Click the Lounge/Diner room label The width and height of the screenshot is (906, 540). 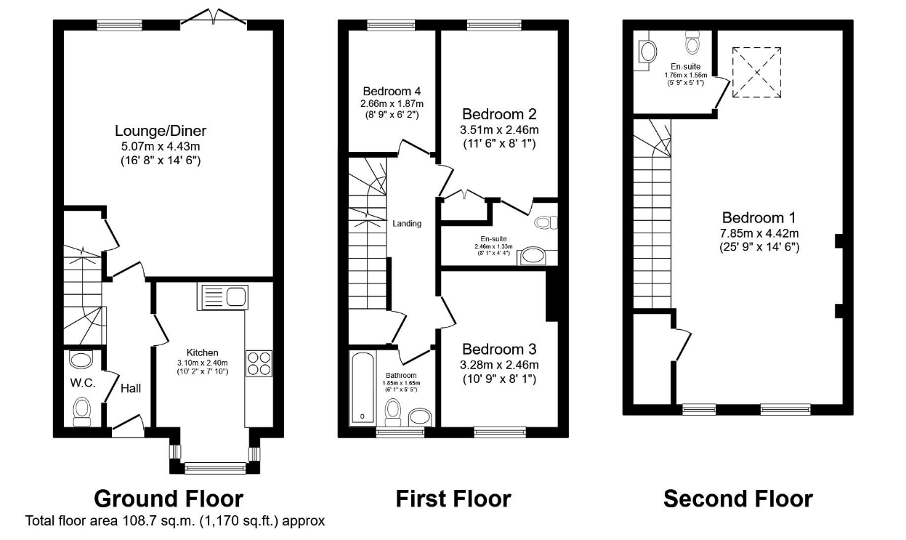[x=161, y=132]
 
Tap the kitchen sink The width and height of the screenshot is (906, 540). [x=223, y=296]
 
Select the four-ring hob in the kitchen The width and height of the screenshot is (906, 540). [x=259, y=363]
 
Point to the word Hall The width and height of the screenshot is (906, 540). [x=131, y=388]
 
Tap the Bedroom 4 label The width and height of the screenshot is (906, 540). [x=392, y=92]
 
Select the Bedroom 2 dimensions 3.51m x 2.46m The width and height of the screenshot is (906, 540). [x=499, y=130]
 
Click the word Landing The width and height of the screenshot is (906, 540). [x=407, y=223]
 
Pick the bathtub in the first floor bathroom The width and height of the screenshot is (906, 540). [x=361, y=387]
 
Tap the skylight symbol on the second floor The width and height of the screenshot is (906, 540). [x=757, y=71]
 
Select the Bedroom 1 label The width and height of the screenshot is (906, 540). [x=759, y=217]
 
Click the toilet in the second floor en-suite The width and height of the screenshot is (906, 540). [x=692, y=46]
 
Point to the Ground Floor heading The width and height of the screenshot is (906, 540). [x=169, y=499]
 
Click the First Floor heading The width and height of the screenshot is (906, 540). [x=453, y=499]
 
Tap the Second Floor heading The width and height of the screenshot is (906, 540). [x=737, y=499]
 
